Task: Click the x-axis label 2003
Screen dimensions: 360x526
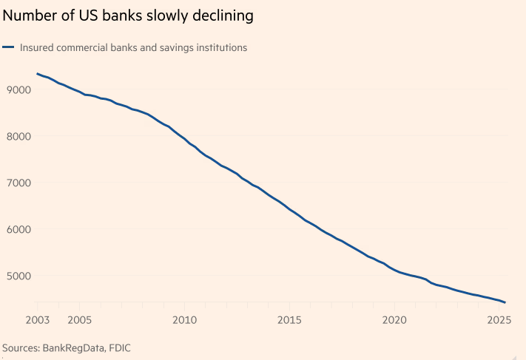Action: tap(37, 321)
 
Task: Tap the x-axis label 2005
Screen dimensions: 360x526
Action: tap(79, 321)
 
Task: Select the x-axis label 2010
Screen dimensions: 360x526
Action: tap(184, 321)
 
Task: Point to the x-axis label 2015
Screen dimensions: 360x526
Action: tap(289, 321)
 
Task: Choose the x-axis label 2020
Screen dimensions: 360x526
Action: tap(394, 321)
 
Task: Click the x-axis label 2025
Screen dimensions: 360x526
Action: tap(499, 321)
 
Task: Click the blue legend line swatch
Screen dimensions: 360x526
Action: tap(9, 48)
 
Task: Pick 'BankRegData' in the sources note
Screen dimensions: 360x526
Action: tap(75, 347)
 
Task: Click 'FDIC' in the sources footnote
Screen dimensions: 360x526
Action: tap(121, 347)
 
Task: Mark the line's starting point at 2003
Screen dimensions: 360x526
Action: tap(37, 74)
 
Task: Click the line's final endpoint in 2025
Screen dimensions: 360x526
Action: tap(505, 302)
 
